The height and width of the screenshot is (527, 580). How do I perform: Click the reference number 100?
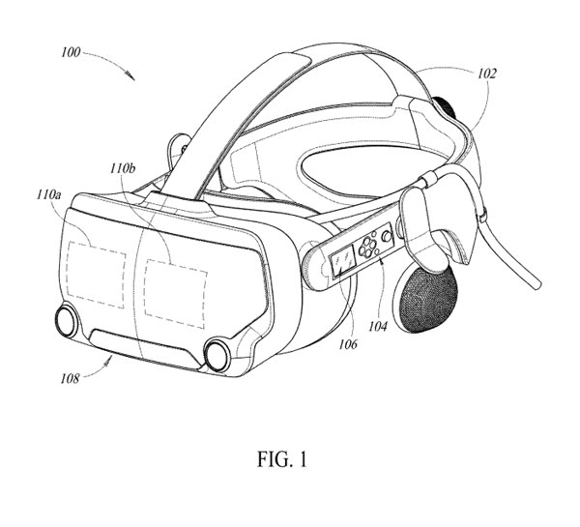click(71, 52)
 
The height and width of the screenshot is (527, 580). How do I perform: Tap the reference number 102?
click(487, 74)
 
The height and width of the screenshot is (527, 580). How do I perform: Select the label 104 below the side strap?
click(378, 327)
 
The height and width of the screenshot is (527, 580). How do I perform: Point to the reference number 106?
click(348, 344)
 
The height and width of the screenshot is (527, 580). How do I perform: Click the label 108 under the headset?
click(71, 379)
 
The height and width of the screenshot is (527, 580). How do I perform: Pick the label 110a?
click(48, 194)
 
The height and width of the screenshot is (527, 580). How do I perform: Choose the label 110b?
click(123, 169)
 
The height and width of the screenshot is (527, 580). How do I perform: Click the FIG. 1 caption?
click(282, 459)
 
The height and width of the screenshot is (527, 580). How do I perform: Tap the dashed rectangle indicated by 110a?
click(96, 275)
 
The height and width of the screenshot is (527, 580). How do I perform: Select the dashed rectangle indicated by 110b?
click(176, 294)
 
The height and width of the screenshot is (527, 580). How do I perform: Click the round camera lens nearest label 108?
click(67, 319)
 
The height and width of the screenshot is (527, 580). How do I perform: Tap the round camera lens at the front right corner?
click(217, 354)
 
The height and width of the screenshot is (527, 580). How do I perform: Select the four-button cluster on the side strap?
click(367, 247)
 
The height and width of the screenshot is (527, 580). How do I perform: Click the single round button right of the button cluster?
click(387, 236)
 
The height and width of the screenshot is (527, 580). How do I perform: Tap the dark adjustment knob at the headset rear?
click(444, 107)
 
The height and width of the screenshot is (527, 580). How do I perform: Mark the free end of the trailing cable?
click(537, 285)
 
